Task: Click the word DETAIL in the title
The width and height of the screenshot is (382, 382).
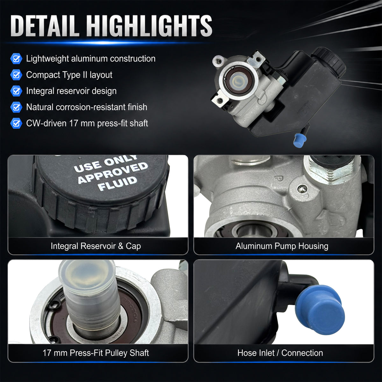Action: tap(44, 25)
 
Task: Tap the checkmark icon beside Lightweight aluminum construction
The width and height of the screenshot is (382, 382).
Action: tap(16, 59)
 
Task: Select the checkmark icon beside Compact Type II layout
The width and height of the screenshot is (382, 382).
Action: tap(16, 75)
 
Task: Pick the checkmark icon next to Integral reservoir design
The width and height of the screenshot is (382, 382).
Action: tap(16, 91)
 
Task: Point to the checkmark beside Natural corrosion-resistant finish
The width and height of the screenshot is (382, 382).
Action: tap(16, 107)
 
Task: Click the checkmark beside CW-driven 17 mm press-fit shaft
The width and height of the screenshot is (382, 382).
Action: tap(16, 123)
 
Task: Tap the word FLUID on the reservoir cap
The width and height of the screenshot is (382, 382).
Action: tap(117, 183)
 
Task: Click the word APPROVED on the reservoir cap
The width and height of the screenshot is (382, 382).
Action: tap(113, 172)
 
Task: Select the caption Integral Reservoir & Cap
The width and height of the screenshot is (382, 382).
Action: tap(96, 246)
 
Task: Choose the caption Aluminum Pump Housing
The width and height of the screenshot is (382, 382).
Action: tap(282, 246)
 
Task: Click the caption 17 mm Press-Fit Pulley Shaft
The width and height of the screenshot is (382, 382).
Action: tap(96, 353)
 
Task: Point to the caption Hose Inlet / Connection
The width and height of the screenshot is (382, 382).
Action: tap(280, 353)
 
